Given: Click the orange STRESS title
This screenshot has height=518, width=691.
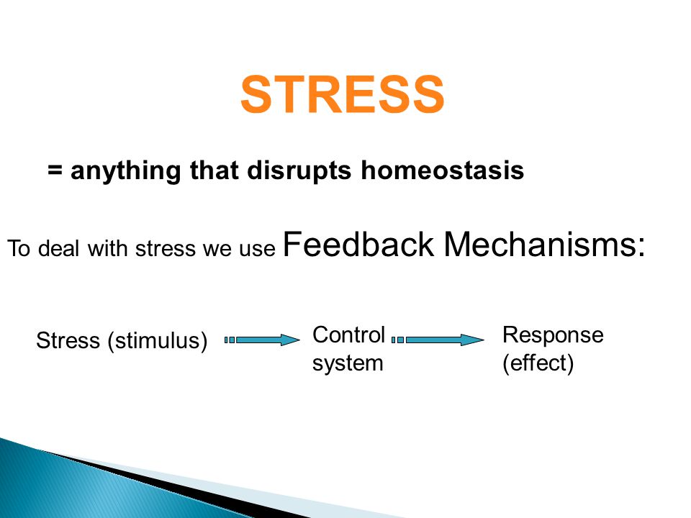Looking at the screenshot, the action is tap(343, 94).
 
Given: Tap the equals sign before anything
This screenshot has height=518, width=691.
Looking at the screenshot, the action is tap(55, 169).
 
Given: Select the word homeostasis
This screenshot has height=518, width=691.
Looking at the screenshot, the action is tap(443, 170).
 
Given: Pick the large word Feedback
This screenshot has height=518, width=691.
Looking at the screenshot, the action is tap(358, 244).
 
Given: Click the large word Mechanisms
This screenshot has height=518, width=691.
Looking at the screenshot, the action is tap(539, 244).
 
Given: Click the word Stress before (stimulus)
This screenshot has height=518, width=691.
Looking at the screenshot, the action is tap(68, 340).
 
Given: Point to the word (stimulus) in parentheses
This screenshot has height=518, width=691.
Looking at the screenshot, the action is tap(158, 341).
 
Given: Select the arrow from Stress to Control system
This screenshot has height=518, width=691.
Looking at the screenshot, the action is tap(262, 340).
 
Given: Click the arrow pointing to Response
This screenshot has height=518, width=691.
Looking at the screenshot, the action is tap(438, 340).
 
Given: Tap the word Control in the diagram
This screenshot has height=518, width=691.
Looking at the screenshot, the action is tap(349, 335).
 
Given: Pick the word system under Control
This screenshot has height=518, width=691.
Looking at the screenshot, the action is tap(348, 364).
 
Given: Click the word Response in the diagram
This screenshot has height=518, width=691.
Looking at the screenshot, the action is tap(553, 336).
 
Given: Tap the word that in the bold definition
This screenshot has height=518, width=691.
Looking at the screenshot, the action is tap(214, 170).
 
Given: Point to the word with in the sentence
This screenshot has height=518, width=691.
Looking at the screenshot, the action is tap(109, 248).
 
